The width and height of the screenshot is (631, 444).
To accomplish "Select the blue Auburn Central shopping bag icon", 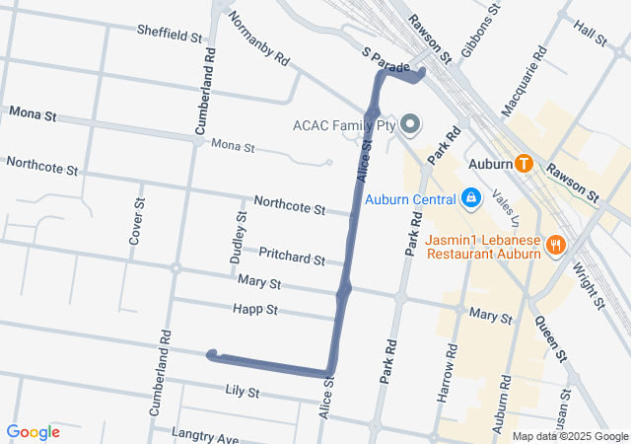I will (471, 199).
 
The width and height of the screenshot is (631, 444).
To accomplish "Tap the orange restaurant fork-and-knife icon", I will (557, 245).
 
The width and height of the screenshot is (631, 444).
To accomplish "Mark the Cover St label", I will (136, 221).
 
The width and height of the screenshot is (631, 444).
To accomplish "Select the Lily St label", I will (242, 392).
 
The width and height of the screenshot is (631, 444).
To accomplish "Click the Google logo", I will (33, 431).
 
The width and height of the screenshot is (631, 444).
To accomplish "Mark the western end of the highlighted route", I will (210, 355).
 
